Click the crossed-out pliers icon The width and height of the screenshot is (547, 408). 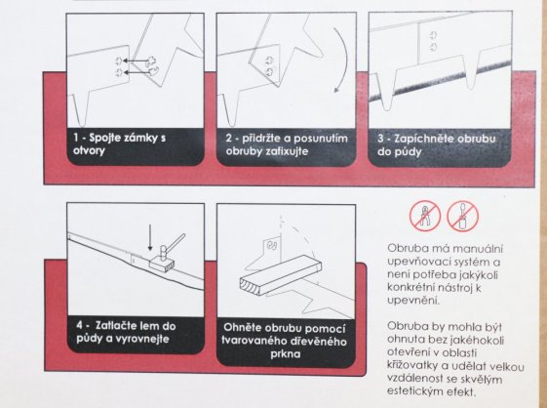point(425,216)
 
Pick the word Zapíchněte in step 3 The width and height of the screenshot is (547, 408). point(425,140)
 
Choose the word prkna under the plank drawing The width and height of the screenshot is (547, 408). point(289,355)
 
